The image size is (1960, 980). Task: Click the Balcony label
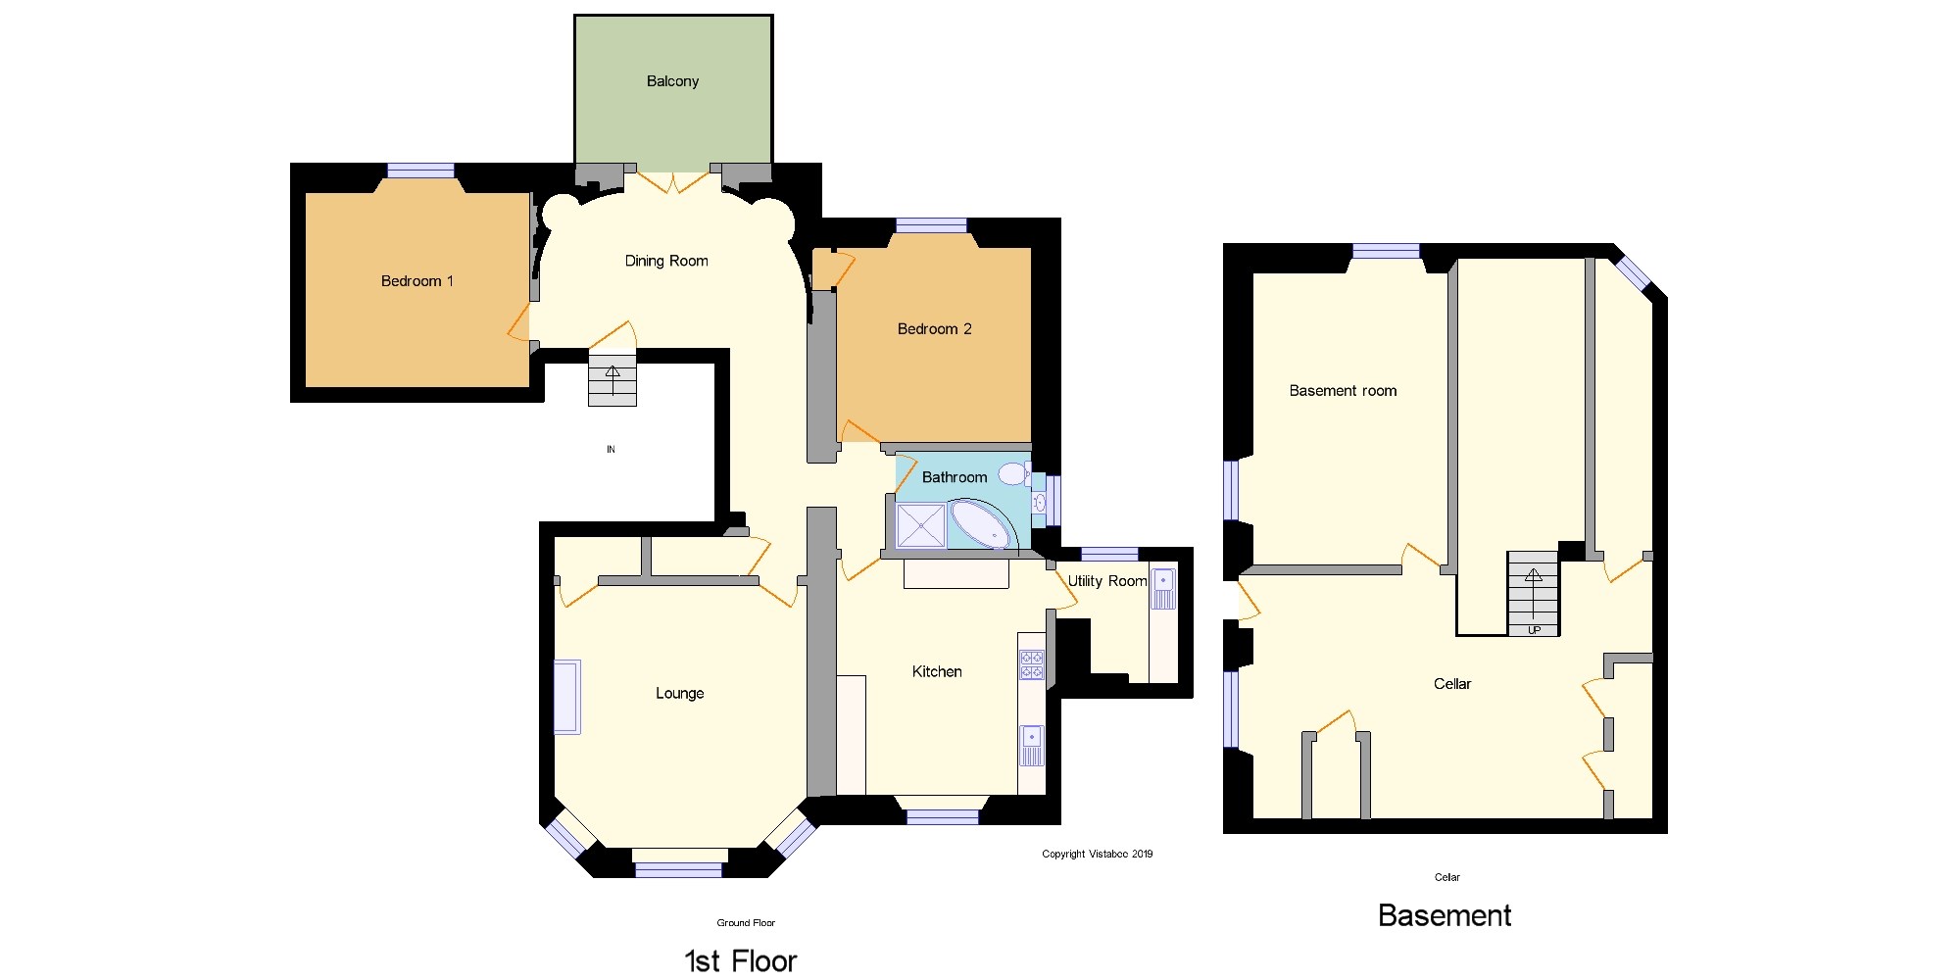[672, 81]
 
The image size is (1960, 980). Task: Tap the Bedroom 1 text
[416, 281]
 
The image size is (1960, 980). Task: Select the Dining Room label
[666, 261]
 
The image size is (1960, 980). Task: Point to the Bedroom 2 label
[934, 329]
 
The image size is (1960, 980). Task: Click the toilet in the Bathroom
[1012, 474]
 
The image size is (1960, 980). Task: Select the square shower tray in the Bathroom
[921, 526]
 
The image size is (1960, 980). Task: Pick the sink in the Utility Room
[1163, 588]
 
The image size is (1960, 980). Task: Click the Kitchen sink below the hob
[1032, 744]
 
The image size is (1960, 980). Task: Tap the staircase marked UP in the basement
[1533, 593]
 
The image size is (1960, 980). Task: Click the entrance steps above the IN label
[612, 380]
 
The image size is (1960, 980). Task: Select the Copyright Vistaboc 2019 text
[1097, 854]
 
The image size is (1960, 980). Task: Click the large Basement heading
[1444, 915]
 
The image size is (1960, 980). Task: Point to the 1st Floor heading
[740, 960]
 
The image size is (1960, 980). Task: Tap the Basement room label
[1343, 391]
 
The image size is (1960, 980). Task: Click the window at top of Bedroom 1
[420, 171]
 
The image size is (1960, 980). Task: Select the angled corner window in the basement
[1634, 273]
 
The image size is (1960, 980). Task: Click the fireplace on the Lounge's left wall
[566, 697]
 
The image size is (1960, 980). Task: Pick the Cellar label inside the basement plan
[1451, 684]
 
